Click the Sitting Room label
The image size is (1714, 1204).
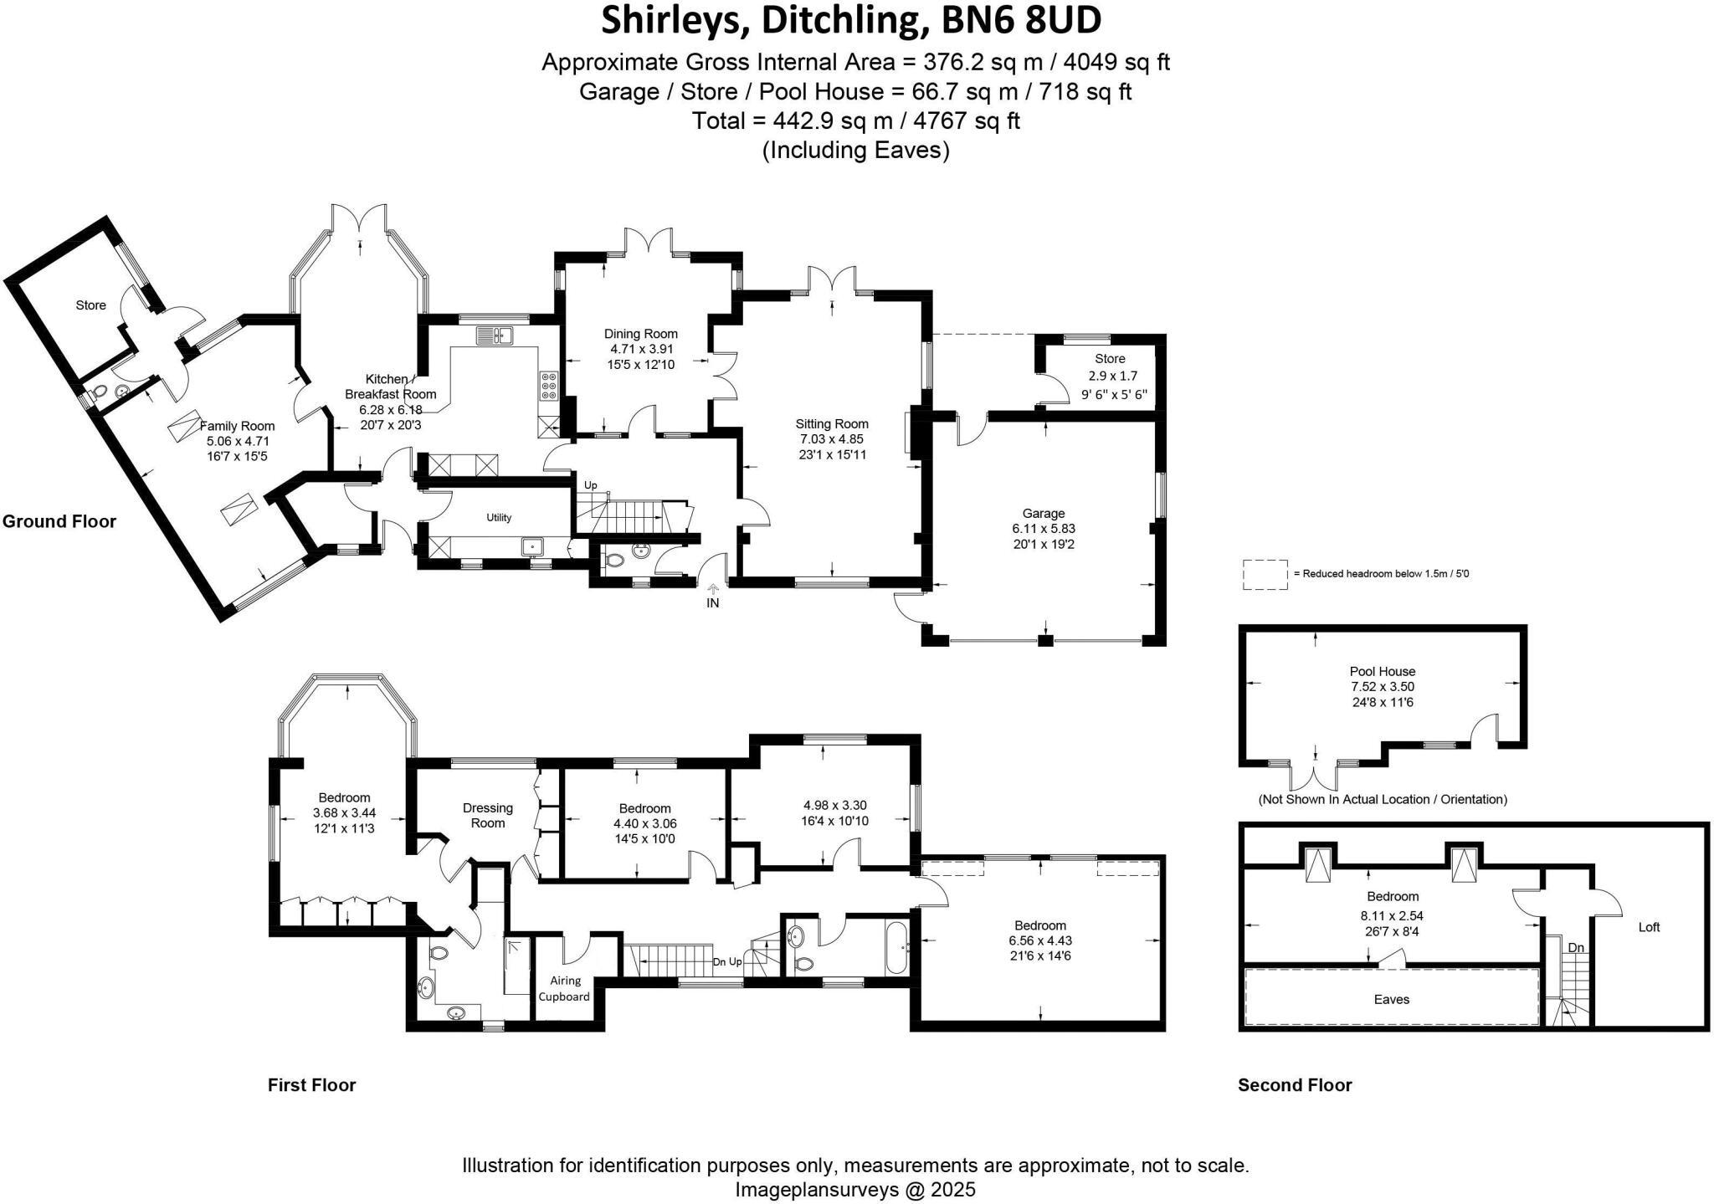click(831, 424)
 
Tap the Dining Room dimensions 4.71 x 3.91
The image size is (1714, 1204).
click(641, 349)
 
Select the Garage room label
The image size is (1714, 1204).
click(1043, 514)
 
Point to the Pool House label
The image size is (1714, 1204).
click(1382, 671)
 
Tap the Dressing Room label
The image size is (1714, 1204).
click(488, 815)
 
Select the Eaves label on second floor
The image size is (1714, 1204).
click(1391, 999)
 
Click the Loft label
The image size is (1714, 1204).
click(1649, 927)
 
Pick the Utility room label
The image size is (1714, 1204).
click(499, 518)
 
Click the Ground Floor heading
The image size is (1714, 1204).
click(59, 521)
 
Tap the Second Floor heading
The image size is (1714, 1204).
click(1295, 1084)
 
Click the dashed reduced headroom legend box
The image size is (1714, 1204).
click(1265, 575)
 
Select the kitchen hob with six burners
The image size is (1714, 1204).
click(550, 387)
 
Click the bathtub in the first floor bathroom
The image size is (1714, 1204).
click(895, 947)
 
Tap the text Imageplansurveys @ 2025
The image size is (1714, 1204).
click(855, 1189)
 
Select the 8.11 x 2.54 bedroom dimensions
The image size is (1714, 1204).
click(1393, 915)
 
